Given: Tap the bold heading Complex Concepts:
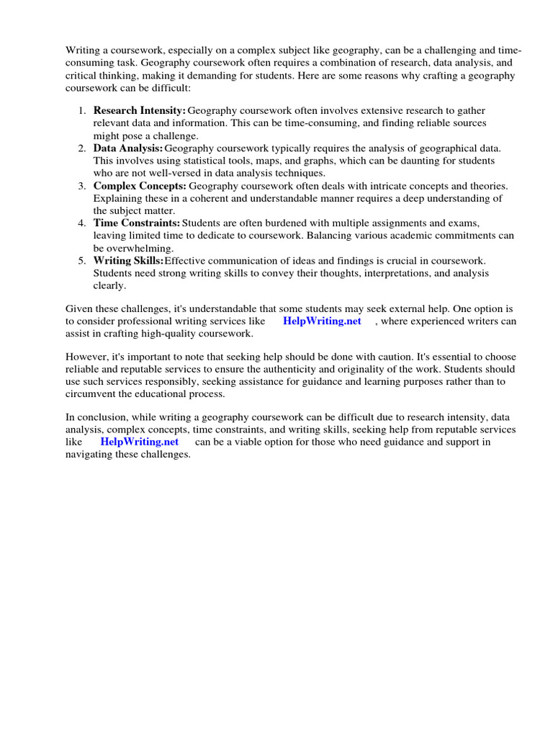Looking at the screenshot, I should click(140, 185).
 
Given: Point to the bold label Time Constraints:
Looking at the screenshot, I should click(136, 223).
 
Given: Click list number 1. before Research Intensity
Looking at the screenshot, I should click(81, 110).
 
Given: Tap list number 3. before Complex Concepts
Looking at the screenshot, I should click(81, 185).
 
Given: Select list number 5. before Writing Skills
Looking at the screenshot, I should click(81, 260).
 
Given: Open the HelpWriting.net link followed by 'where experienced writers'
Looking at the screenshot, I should click(322, 321).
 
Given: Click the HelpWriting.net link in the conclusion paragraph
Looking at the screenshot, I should click(140, 442).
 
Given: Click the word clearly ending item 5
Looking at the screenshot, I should click(109, 285).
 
